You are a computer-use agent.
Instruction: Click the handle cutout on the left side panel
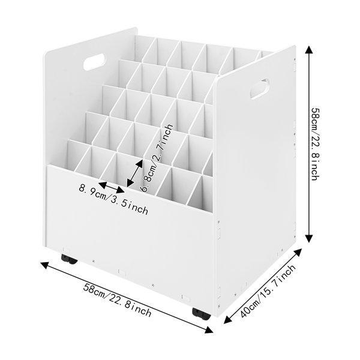[94, 62]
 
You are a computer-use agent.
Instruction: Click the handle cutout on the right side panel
[260, 89]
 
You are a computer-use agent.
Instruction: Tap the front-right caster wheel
[202, 314]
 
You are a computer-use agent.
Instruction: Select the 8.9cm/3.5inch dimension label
[113, 199]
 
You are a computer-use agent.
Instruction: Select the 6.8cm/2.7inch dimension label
[157, 158]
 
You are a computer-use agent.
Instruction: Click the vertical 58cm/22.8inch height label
[316, 144]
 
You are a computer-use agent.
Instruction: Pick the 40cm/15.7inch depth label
[268, 291]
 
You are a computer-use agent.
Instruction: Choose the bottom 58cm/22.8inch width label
[117, 300]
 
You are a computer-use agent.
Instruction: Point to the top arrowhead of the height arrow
[309, 49]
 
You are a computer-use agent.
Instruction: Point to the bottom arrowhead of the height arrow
[309, 238]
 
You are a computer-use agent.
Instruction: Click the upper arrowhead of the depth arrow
[298, 251]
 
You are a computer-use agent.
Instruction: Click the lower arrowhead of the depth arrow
[227, 320]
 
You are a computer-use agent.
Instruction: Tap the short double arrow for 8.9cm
[112, 187]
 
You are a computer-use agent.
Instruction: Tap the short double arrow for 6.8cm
[135, 173]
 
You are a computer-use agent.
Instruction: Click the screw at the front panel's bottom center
[153, 286]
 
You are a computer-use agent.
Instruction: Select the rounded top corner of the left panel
[45, 55]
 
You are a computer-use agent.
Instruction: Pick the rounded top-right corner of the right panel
[293, 47]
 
